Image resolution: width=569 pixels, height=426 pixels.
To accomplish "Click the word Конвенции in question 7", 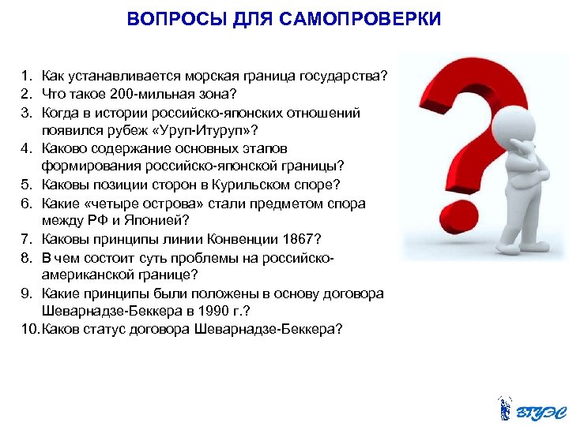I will pos(236,238).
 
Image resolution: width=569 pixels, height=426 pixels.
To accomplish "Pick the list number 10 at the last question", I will pos(30,329).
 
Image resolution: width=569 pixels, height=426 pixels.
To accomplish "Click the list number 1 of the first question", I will pos(26,76).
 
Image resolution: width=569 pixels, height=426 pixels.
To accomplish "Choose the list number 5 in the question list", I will pos(26,185).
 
